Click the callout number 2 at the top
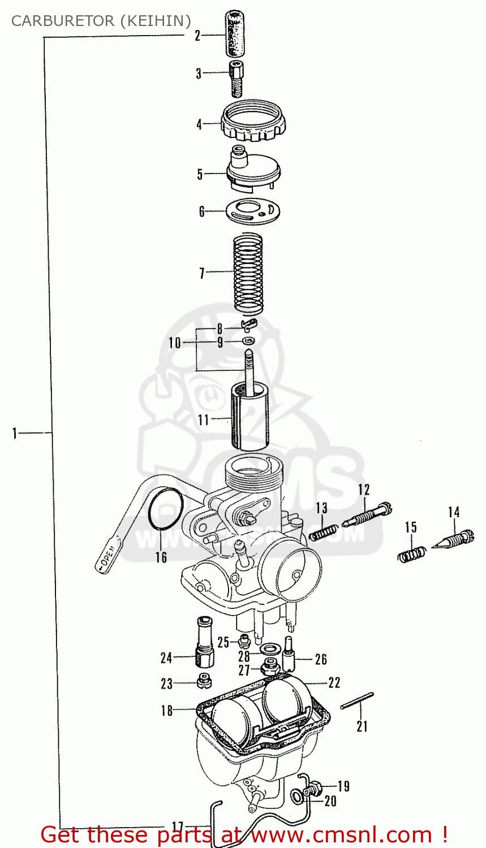pos(197,36)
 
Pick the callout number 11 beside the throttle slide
pos(203,419)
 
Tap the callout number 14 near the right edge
pos(454,512)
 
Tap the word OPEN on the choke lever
pos(107,556)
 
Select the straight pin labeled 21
pos(357,700)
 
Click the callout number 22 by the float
pos(334,682)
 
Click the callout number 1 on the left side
pos(15,434)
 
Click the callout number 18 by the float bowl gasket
pos(166,710)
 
